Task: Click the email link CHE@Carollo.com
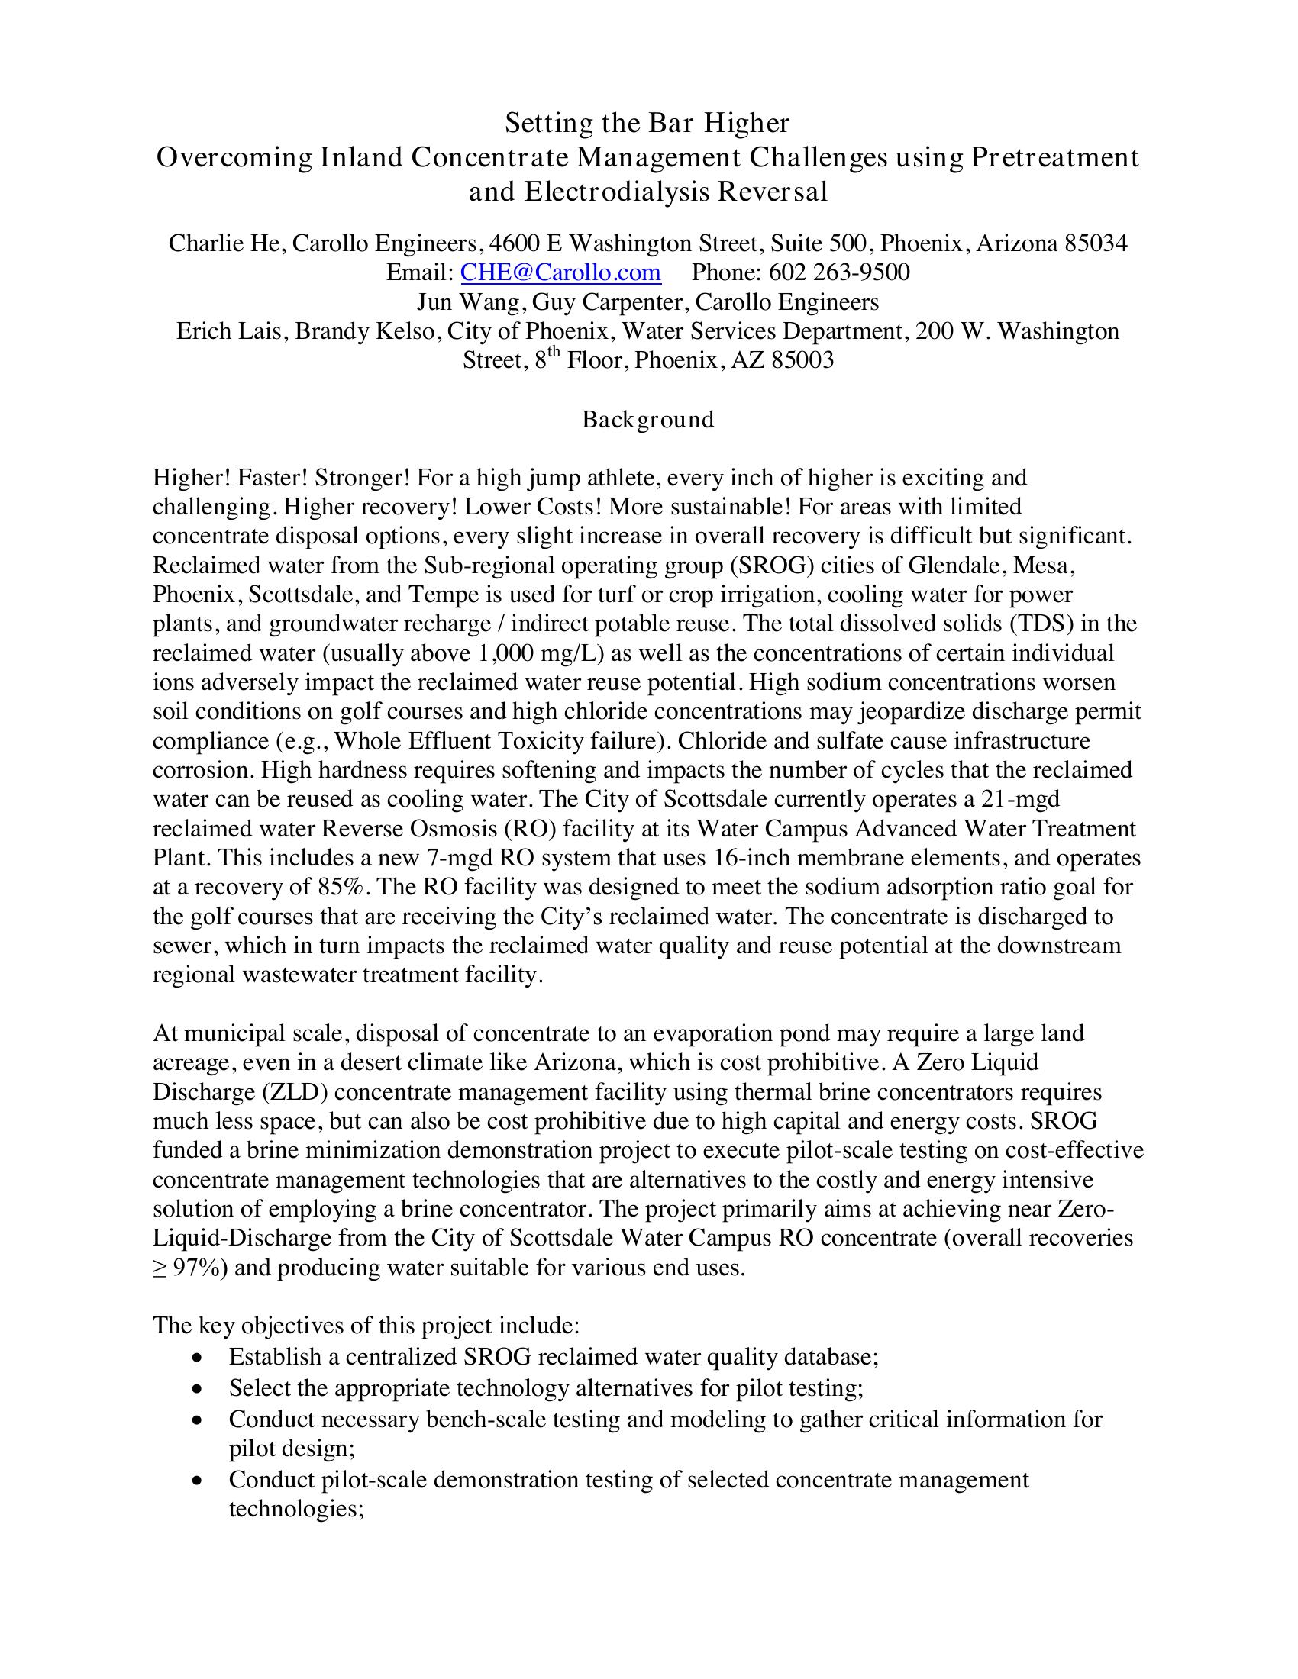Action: pos(560,272)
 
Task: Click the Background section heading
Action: pos(647,419)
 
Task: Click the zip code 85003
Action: pos(802,359)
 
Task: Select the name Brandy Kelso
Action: pos(366,331)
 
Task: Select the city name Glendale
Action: pos(956,565)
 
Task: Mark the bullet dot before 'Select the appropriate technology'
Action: pos(199,1389)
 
